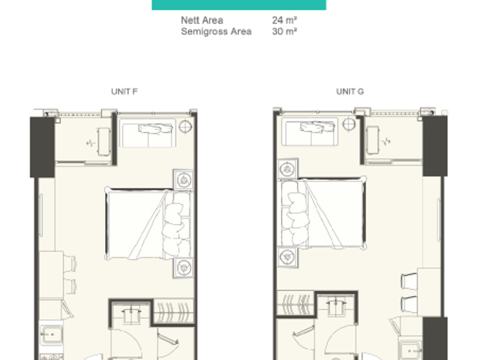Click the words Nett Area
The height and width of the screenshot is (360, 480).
(202, 20)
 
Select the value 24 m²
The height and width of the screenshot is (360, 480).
(284, 20)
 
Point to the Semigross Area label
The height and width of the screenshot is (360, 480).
(216, 31)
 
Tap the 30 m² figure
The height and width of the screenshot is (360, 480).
(284, 31)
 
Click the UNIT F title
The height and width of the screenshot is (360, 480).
(124, 91)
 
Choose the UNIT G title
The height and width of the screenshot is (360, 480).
(350, 91)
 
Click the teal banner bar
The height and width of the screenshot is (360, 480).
(238, 5)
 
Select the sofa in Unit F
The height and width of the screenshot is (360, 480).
(148, 133)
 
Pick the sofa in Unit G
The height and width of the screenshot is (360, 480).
(310, 132)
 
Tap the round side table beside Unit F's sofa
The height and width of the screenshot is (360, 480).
(185, 127)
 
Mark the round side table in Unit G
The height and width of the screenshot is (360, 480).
(349, 124)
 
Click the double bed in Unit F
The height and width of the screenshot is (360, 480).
(149, 224)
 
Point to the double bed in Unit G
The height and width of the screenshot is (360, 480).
(322, 212)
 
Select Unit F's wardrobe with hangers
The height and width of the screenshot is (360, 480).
(173, 311)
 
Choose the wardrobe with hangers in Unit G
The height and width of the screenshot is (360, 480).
(295, 303)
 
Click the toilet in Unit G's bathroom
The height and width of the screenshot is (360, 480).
(336, 306)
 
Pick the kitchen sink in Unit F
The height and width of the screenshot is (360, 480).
(52, 334)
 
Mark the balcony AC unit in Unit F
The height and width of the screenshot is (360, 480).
(103, 142)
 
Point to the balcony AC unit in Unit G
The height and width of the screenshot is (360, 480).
(373, 140)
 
